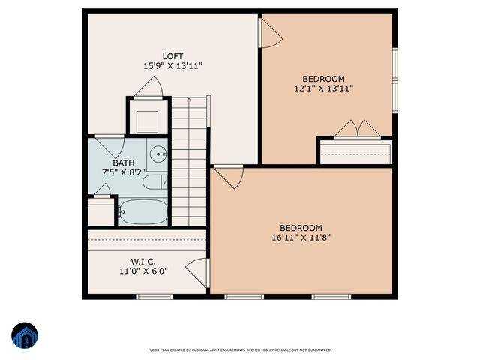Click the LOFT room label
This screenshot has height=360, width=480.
click(173, 56)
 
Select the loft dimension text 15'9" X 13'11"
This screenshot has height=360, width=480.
click(173, 66)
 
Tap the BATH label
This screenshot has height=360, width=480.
click(124, 163)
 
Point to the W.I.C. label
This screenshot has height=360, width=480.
click(142, 262)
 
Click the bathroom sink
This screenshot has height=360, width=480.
click(158, 154)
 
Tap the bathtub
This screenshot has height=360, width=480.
click(142, 211)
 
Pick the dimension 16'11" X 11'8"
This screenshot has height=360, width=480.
click(301, 238)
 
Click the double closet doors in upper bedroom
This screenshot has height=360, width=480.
click(357, 130)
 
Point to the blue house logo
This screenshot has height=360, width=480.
click(24, 336)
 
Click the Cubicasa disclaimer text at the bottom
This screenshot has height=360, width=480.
click(239, 349)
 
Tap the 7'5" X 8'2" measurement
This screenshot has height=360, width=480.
click(124, 172)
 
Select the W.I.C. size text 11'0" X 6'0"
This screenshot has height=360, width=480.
click(142, 271)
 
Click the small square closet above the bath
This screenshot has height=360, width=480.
click(145, 120)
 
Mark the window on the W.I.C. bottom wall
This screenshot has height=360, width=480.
click(154, 297)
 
